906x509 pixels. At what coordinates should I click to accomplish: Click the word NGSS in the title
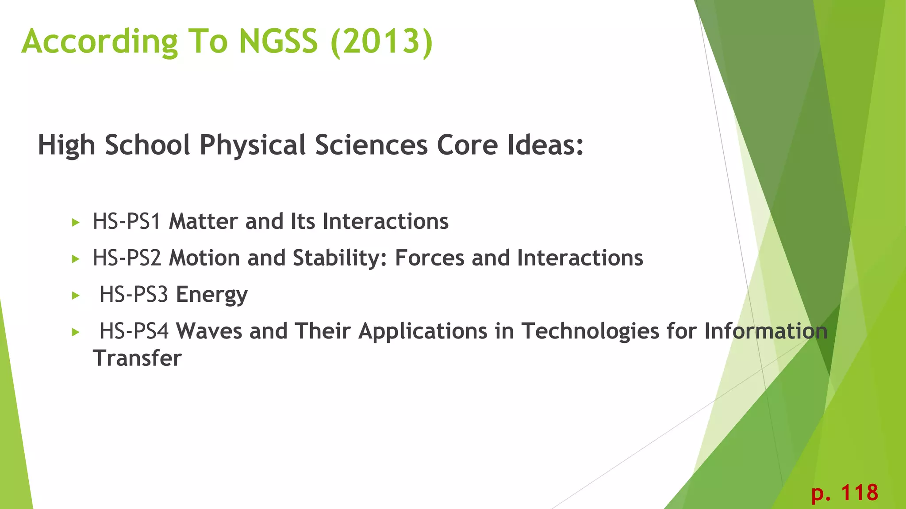pyautogui.click(x=278, y=41)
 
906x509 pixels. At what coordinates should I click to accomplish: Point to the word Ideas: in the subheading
pyautogui.click(x=545, y=145)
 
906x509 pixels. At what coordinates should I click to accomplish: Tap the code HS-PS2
pyautogui.click(x=127, y=258)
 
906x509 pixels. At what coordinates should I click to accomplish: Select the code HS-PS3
pyautogui.click(x=134, y=294)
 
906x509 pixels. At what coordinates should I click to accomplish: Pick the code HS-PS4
pyautogui.click(x=134, y=331)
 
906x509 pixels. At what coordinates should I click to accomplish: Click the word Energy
pyautogui.click(x=211, y=295)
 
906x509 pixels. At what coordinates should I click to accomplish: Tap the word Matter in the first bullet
pyautogui.click(x=203, y=221)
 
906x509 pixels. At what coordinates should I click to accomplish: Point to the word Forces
pyautogui.click(x=429, y=258)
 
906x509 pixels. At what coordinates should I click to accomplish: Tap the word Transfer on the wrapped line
pyautogui.click(x=137, y=358)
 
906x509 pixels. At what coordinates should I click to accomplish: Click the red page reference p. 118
pyautogui.click(x=845, y=493)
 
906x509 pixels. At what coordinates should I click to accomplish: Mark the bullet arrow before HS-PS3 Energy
pyautogui.click(x=76, y=296)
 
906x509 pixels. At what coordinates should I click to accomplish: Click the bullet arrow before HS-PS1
pyautogui.click(x=76, y=222)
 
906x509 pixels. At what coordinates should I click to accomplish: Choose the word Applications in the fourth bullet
pyautogui.click(x=422, y=332)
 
